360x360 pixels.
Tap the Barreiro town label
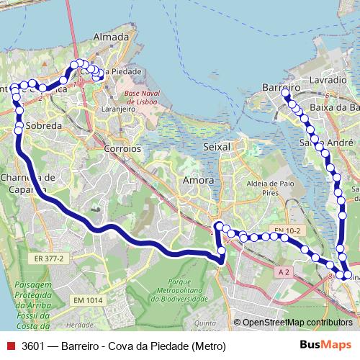pyautogui.click(x=281, y=87)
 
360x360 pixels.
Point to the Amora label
pyautogui.click(x=198, y=179)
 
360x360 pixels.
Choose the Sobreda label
pyautogui.click(x=44, y=125)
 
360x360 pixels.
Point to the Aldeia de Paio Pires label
pyautogui.click(x=272, y=189)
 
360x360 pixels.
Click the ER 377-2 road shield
pyautogui.click(x=49, y=257)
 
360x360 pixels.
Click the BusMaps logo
pyautogui.click(x=326, y=345)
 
